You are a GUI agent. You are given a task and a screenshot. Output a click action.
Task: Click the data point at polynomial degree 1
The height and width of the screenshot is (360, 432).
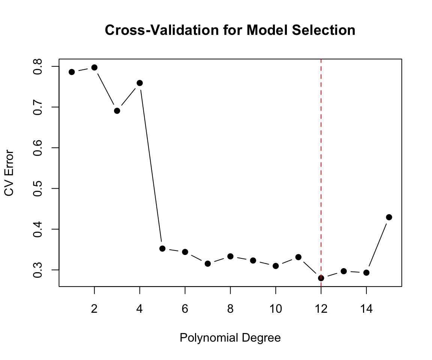[72, 72]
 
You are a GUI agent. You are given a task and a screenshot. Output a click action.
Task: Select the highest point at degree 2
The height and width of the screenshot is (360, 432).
[94, 67]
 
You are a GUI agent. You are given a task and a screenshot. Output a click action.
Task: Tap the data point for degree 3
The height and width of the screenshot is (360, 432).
[117, 111]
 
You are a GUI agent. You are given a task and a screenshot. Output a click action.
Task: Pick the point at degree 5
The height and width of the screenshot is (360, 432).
[162, 248]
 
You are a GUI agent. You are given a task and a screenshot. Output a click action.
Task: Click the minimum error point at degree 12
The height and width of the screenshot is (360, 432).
[321, 278]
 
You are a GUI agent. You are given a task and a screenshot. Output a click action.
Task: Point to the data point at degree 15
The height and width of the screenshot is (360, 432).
[389, 217]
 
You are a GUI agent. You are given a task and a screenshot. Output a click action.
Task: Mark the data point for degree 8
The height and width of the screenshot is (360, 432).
[230, 256]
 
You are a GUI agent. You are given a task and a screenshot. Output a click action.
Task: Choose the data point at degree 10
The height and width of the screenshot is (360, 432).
[276, 266]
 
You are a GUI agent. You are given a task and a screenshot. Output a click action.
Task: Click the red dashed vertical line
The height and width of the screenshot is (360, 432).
[321, 169]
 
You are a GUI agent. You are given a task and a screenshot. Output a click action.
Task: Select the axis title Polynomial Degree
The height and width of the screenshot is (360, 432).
[230, 338]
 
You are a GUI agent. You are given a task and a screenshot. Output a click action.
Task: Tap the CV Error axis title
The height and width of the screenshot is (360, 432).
[9, 173]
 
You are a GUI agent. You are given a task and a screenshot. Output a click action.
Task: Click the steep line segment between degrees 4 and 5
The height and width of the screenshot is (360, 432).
[151, 165]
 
